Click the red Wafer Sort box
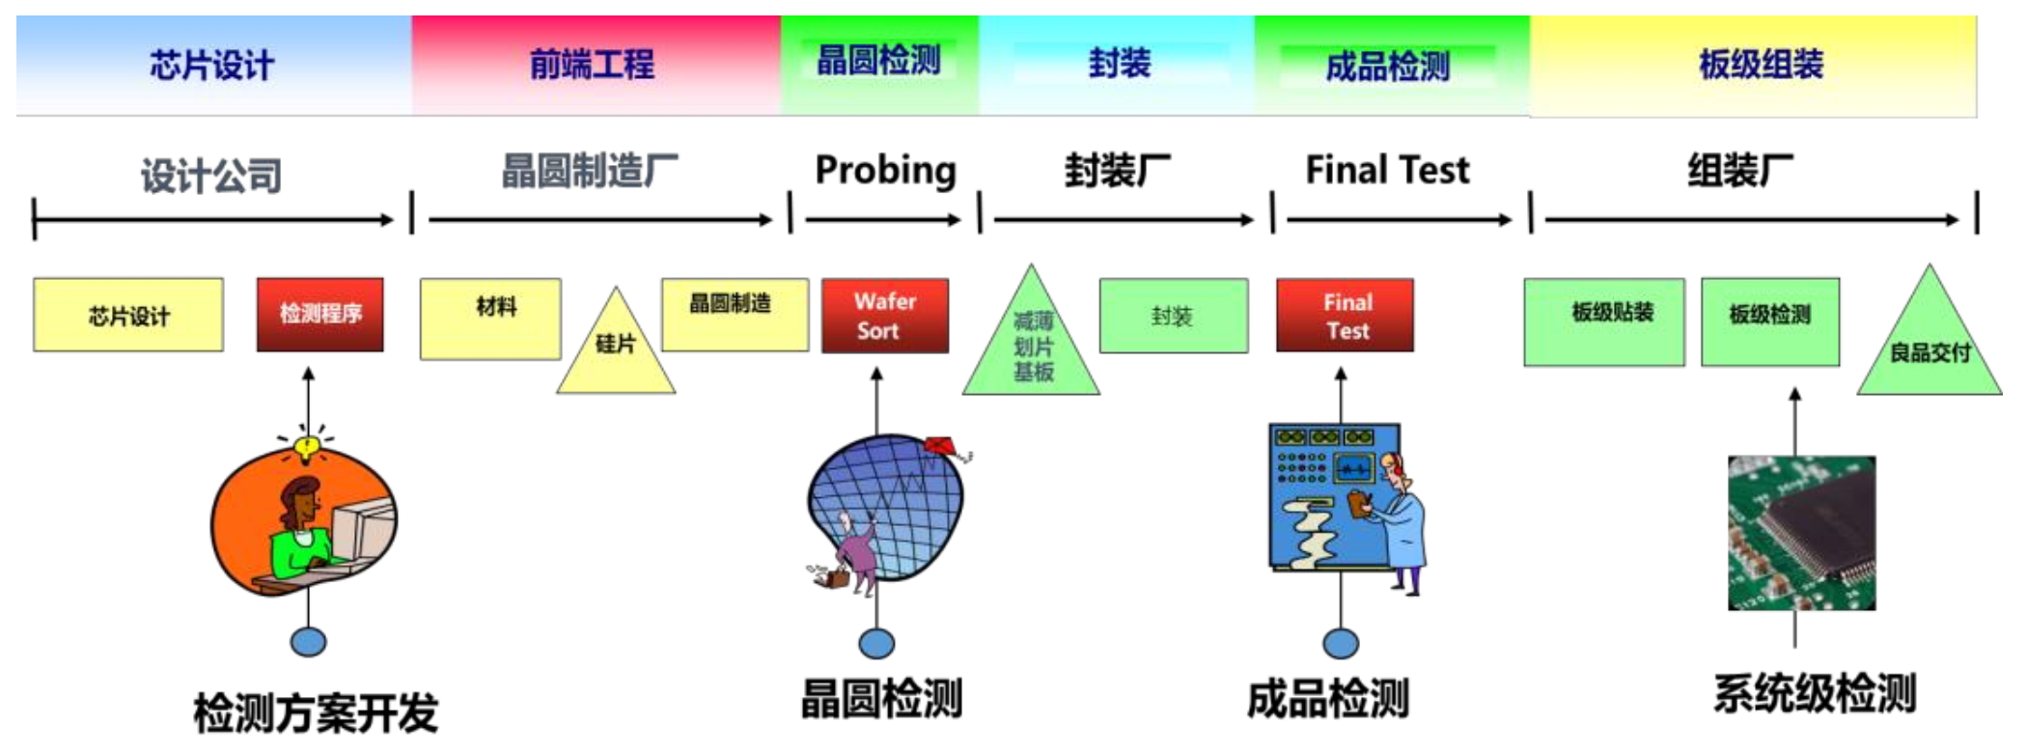pos(884,316)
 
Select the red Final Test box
pos(1345,316)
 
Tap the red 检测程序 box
pos(319,314)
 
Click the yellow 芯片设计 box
pos(128,315)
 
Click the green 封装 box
pos(1173,316)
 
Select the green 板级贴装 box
pos(1603,322)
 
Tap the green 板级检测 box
pos(1769,322)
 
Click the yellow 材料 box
pos(490,319)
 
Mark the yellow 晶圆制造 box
pos(735,315)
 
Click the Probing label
pos(885,171)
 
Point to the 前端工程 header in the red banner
pos(592,65)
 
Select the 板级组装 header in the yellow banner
pos(1761,65)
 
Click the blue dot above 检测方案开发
pos(308,642)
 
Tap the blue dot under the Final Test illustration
pos(1341,643)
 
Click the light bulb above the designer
pos(307,447)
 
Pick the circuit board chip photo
pos(1801,533)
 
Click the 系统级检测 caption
pos(1814,693)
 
